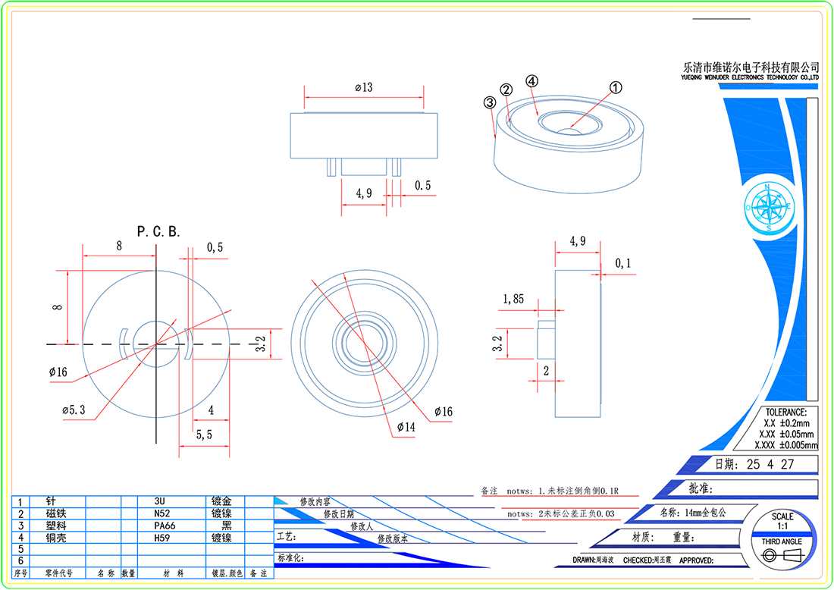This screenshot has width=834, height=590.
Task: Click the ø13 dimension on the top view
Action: click(x=364, y=88)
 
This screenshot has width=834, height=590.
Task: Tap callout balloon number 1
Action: click(x=616, y=87)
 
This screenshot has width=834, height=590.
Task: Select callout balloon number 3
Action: click(x=490, y=102)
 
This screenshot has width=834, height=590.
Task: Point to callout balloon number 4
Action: click(x=532, y=80)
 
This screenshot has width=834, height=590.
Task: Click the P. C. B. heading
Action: click(x=158, y=231)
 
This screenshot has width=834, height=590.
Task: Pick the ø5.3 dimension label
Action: click(x=74, y=410)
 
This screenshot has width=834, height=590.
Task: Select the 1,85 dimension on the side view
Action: click(x=513, y=300)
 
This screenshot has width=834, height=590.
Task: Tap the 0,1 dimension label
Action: click(x=623, y=263)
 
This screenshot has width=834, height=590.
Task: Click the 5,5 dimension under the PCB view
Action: click(x=204, y=435)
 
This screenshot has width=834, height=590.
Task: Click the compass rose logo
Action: click(x=768, y=206)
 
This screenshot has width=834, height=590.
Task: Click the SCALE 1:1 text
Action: click(x=782, y=521)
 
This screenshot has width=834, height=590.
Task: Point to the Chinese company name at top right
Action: click(x=751, y=67)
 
